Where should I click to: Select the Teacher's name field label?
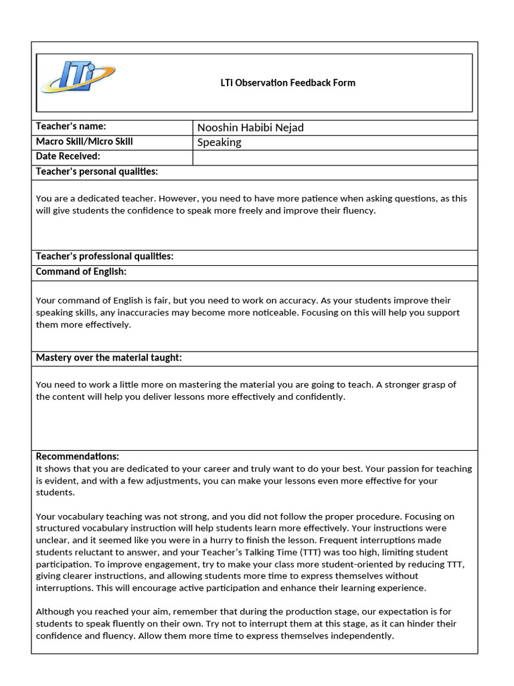click(x=71, y=127)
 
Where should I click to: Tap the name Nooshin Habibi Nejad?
click(x=250, y=128)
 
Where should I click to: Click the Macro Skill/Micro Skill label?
click(x=84, y=141)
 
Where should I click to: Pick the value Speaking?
click(x=220, y=143)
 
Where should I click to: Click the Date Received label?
click(x=68, y=156)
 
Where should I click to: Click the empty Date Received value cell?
click(x=335, y=157)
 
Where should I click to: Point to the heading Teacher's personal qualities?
click(x=96, y=171)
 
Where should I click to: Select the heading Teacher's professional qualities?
click(x=104, y=257)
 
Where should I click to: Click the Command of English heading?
click(x=81, y=271)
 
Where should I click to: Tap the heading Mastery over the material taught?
click(x=108, y=358)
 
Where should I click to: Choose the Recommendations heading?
click(x=77, y=456)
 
